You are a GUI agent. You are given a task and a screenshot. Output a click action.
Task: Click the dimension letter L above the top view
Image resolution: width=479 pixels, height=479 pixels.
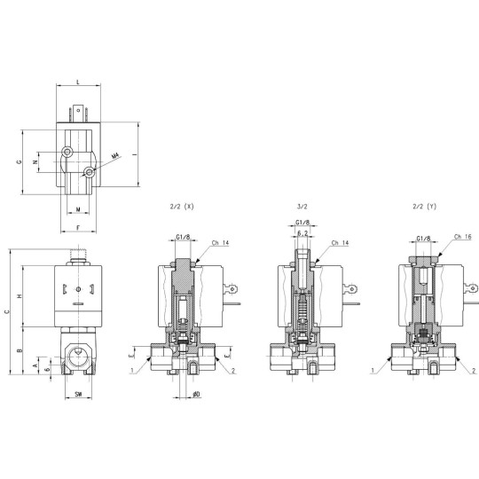78,82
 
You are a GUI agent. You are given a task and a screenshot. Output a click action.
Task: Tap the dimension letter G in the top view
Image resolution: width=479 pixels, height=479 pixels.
19,163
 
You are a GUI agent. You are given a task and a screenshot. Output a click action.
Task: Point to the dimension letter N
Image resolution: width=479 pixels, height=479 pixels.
35,163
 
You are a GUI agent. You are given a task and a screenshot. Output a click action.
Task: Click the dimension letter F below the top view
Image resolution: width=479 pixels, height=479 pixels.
78,229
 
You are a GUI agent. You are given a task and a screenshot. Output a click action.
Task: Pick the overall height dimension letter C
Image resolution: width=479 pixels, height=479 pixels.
7,310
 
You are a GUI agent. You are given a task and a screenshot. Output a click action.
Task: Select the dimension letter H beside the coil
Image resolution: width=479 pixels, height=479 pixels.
20,295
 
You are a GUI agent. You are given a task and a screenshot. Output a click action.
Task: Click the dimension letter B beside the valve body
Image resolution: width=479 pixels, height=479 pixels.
20,351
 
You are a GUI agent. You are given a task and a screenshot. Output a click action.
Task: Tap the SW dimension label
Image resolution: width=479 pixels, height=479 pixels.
78,392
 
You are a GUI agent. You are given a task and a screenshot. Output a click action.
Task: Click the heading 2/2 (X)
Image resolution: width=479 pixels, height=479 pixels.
181,206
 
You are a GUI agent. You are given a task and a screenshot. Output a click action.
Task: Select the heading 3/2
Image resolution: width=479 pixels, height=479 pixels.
302,206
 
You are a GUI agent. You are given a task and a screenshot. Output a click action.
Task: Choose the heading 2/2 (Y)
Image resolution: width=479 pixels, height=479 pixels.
425,206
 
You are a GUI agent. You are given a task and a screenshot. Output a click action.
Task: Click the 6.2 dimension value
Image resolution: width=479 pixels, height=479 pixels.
302,233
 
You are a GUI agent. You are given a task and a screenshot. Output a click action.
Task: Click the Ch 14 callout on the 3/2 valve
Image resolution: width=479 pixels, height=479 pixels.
339,242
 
